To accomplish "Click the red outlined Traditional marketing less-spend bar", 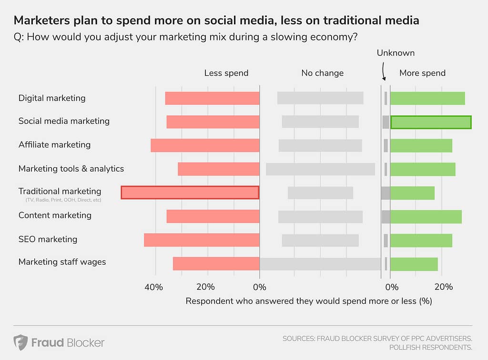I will [190, 192].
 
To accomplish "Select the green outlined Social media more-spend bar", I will [431, 122].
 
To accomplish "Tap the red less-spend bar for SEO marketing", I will [202, 240].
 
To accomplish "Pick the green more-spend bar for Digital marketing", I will [427, 98].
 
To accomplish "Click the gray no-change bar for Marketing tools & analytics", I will [320, 169].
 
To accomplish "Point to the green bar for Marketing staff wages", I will [414, 264].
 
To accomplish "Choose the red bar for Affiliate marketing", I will [205, 145].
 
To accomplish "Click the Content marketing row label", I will [55, 215].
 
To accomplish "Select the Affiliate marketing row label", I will [54, 144].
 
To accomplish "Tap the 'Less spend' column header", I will [226, 73].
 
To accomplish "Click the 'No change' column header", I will [322, 73].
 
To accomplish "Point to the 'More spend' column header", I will [422, 73].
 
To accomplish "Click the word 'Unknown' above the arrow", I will [396, 53].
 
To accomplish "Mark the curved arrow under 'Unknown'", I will [384, 72].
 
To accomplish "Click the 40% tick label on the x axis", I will [154, 287].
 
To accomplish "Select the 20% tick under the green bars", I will [444, 287].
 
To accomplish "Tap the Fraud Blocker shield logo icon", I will [20, 342].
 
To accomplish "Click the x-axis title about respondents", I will [308, 301].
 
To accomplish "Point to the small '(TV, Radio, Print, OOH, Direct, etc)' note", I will [63, 200].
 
